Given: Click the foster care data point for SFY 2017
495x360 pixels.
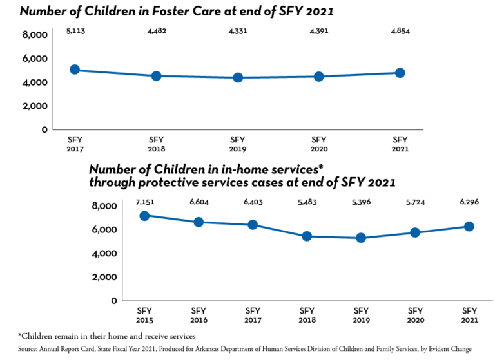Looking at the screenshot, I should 75,70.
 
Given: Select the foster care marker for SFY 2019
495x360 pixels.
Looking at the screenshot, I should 238,77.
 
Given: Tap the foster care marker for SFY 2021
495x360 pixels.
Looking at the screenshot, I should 400,73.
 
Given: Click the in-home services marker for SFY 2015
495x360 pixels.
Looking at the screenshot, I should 144,216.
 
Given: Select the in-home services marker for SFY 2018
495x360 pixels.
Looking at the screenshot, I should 307,236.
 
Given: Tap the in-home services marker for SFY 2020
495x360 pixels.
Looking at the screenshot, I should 415,232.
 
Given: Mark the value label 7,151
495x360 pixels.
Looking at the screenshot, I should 144,202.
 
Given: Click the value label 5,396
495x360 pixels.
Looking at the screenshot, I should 361,202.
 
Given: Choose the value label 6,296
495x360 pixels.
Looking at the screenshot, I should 469,202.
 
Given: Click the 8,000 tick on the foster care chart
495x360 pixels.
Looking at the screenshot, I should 35,35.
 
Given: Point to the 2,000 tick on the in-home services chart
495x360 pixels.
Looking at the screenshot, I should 104,277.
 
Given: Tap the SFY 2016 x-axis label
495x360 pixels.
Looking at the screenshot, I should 199,316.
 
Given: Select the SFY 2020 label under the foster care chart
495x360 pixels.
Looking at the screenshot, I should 319,144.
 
